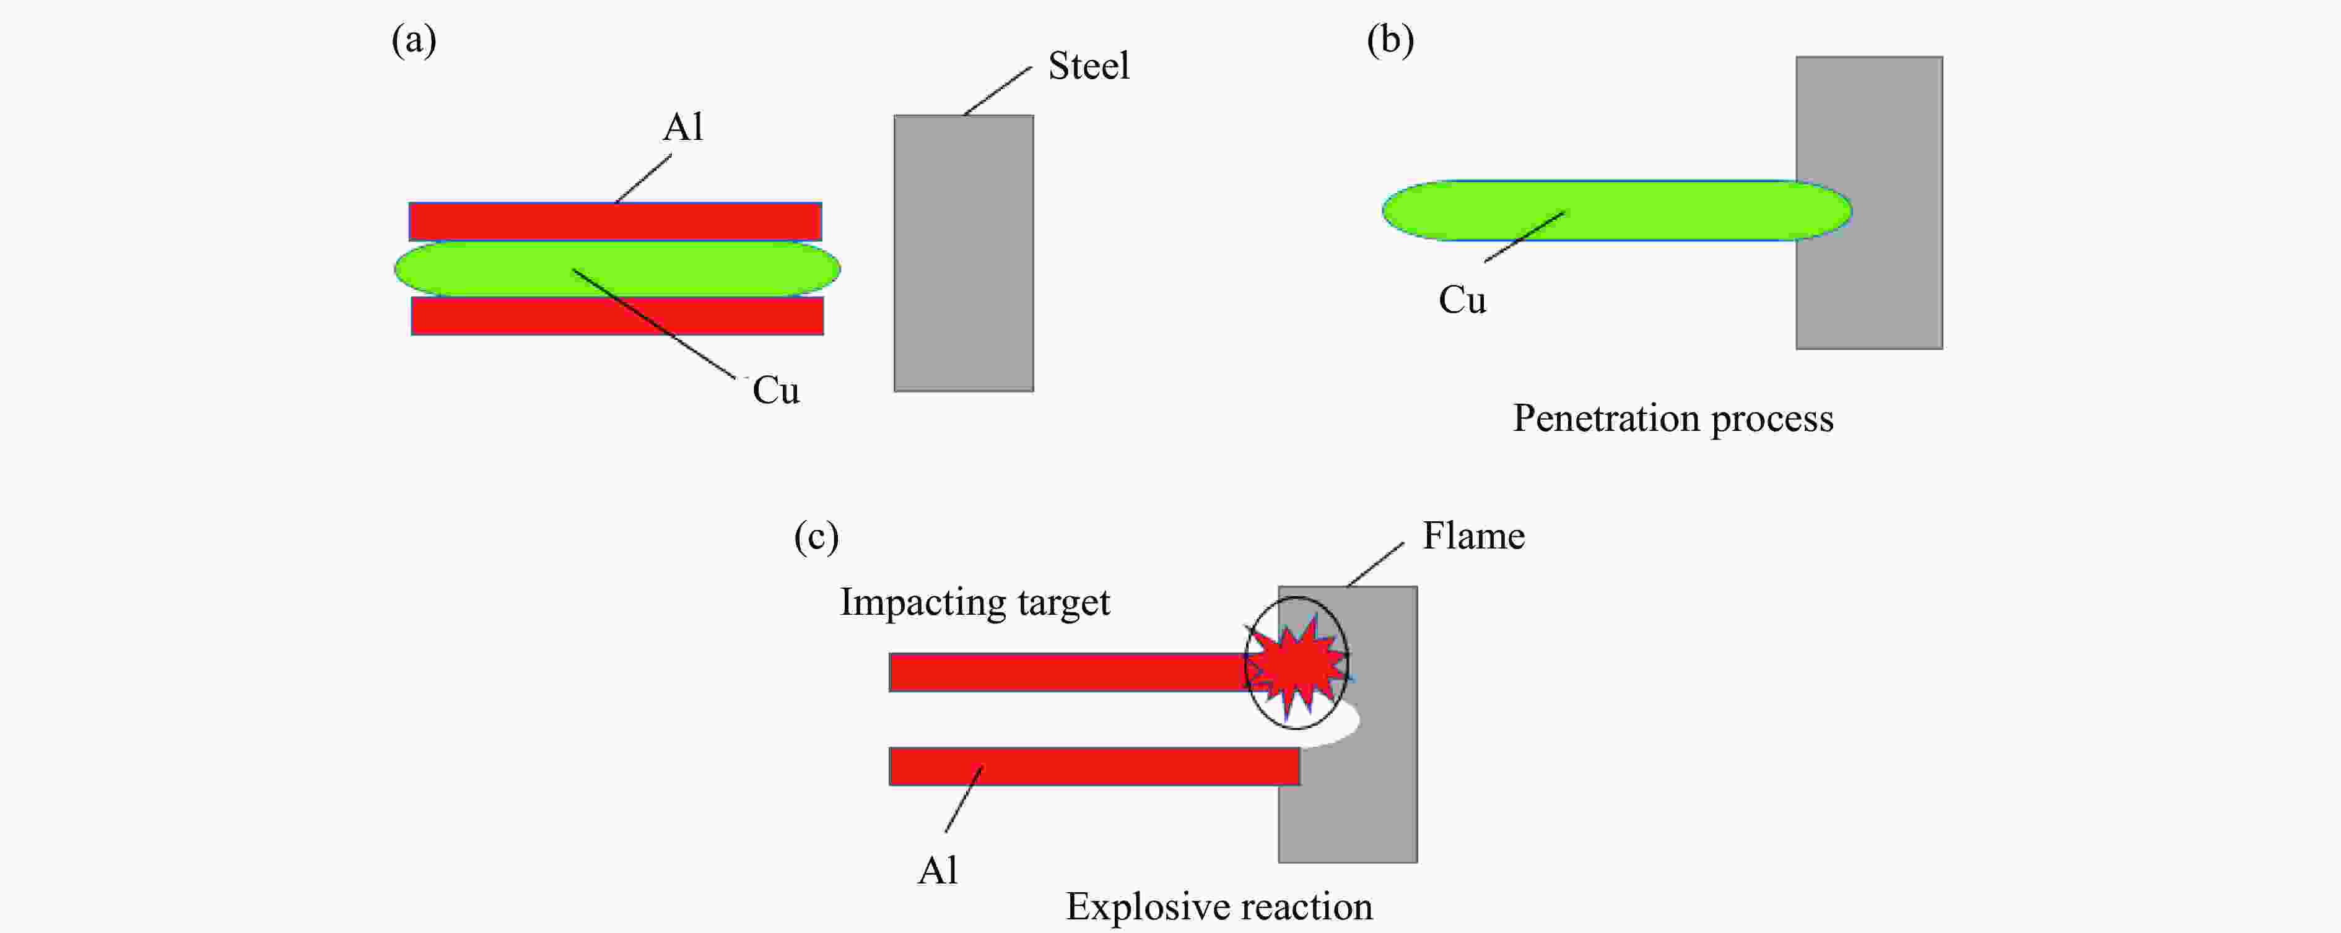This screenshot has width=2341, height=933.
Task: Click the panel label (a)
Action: (414, 41)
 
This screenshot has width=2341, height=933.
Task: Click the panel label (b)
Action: (1390, 41)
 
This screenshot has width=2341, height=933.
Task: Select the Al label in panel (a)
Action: (682, 127)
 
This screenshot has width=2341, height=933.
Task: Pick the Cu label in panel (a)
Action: (775, 391)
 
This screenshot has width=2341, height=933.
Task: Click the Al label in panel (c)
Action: (937, 871)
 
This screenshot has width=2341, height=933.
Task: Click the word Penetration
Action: (1605, 419)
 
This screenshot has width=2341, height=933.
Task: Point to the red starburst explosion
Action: (1297, 665)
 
